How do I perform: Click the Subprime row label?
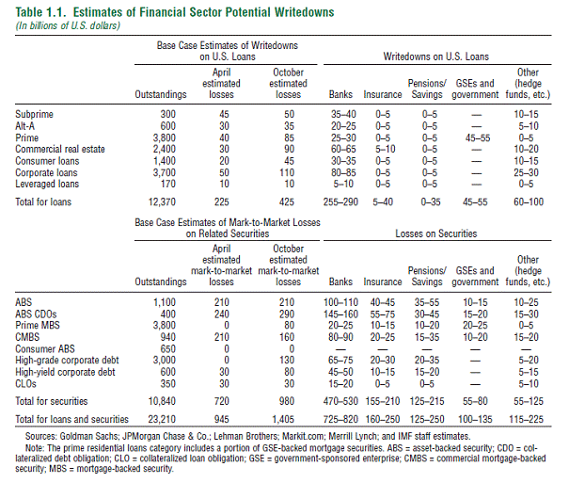click(34, 115)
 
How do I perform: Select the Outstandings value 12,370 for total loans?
click(162, 201)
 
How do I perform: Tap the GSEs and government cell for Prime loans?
click(478, 138)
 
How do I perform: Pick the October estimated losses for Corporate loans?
click(287, 172)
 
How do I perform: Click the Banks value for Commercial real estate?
click(343, 150)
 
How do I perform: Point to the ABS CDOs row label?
click(36, 314)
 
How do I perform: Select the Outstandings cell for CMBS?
click(168, 337)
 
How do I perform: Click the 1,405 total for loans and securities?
click(283, 420)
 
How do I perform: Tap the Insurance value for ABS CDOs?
click(383, 314)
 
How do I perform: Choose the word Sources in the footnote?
click(40, 436)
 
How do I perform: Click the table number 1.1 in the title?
click(55, 12)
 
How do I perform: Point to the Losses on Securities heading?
click(436, 233)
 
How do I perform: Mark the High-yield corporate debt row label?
click(65, 372)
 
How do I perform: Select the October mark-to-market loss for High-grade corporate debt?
click(287, 361)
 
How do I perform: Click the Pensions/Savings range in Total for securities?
click(427, 401)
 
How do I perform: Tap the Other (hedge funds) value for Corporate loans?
click(526, 172)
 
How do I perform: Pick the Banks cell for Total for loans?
click(340, 201)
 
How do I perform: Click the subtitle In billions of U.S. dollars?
click(68, 25)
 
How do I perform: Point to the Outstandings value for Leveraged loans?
click(168, 185)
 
